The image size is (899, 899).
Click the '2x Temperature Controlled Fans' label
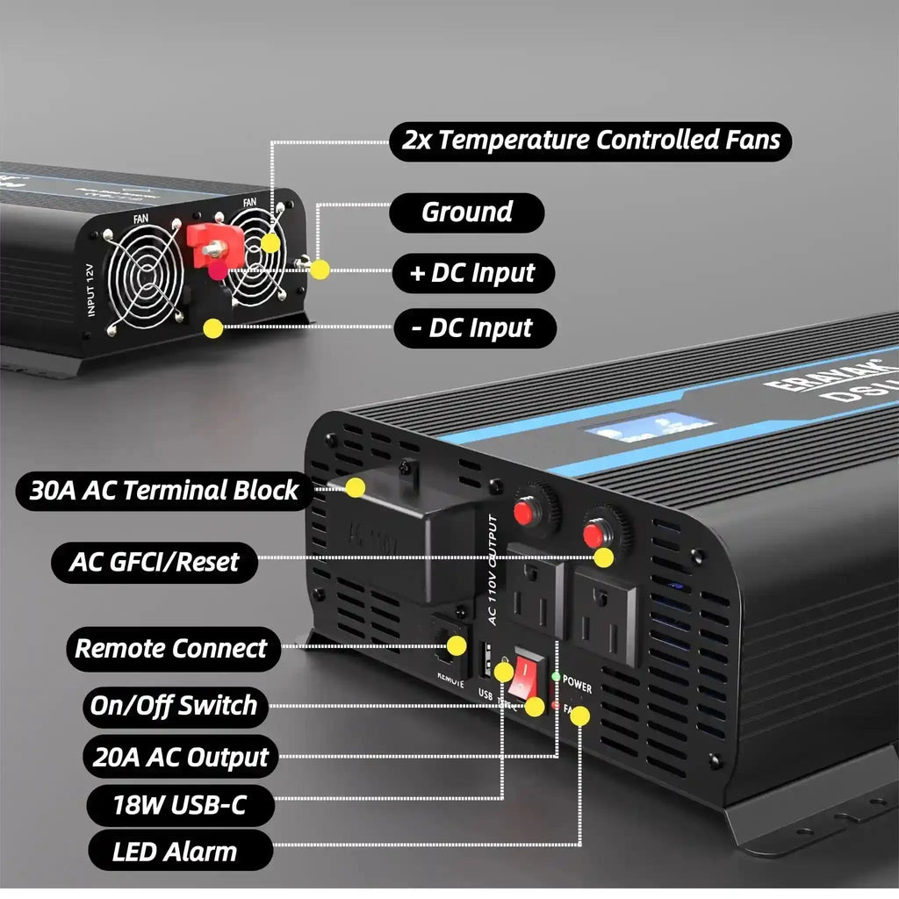(590, 140)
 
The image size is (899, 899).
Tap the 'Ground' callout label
(466, 212)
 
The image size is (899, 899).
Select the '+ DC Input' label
(473, 273)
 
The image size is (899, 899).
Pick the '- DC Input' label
(473, 328)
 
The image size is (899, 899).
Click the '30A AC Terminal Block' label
(164, 490)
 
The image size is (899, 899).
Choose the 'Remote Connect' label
(171, 649)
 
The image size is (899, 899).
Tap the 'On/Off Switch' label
(174, 706)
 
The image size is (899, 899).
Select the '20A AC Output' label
(180, 758)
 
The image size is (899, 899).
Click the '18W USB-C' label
(180, 805)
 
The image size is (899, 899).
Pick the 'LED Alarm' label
(175, 852)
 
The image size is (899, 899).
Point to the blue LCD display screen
(650, 425)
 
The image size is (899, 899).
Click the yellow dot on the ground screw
(320, 270)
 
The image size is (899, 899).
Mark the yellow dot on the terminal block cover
(355, 487)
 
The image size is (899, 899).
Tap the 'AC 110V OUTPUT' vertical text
(493, 570)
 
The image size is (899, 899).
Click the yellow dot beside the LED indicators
(579, 716)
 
